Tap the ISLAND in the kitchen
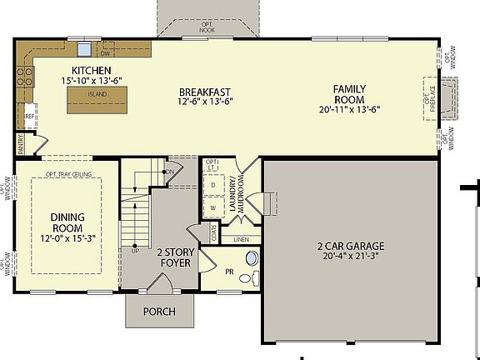(x=98, y=94)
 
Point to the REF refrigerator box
(x=29, y=117)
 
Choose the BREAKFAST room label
(x=205, y=92)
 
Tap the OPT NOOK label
(x=207, y=27)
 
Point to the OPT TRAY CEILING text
(x=67, y=174)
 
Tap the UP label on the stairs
(x=134, y=250)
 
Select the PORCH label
(x=158, y=312)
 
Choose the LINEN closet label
(x=241, y=240)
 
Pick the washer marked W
(x=212, y=207)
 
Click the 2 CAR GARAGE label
(x=350, y=246)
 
